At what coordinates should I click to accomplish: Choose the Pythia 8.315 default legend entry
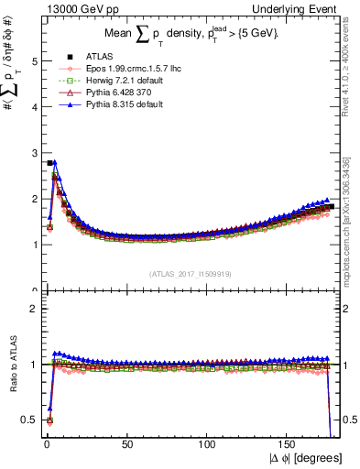114,104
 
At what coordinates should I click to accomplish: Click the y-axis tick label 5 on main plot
34,61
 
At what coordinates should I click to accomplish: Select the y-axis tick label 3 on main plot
34,153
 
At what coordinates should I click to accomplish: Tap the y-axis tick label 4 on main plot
34,107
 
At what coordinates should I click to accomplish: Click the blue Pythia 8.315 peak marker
54,162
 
